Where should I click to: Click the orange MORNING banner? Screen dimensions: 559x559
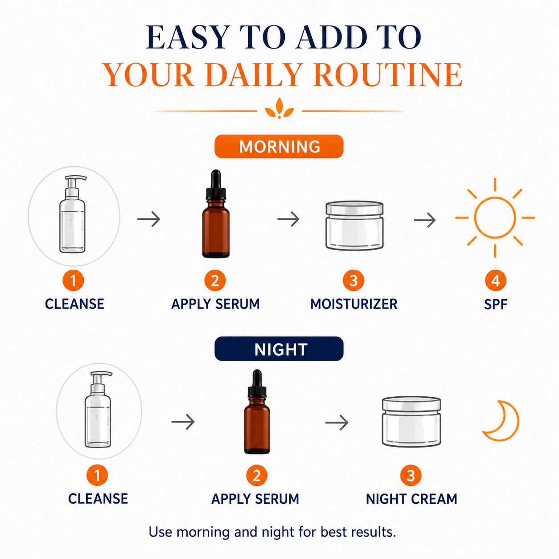(279, 147)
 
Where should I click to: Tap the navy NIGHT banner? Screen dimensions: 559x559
(279, 349)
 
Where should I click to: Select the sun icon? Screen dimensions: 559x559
(495, 218)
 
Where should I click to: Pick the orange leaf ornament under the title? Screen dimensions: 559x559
(279, 108)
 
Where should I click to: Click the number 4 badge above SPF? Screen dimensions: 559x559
(495, 280)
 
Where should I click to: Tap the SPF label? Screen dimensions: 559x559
(495, 304)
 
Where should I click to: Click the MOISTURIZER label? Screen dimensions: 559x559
(353, 304)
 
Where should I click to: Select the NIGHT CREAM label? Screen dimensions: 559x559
(411, 499)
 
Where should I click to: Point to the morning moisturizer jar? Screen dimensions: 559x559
(354, 226)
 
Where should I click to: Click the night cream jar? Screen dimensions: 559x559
(411, 422)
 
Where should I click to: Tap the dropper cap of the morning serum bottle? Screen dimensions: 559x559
(216, 185)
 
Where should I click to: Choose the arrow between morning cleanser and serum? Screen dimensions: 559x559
(148, 219)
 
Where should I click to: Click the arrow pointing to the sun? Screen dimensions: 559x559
(425, 220)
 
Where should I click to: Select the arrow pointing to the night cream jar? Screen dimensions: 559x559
(337, 423)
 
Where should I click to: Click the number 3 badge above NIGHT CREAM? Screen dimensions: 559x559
(411, 475)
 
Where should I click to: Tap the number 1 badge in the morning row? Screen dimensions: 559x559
(73, 280)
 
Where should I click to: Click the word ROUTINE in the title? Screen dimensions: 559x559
(388, 74)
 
